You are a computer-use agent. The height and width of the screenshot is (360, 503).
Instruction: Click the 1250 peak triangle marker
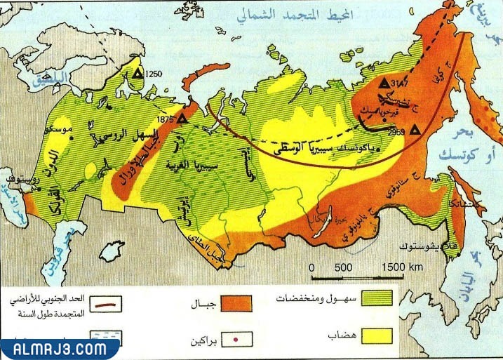click(138, 72)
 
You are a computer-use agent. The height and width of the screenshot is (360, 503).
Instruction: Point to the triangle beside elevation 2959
click(415, 129)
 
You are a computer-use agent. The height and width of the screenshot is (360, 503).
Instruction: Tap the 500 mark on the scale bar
click(343, 268)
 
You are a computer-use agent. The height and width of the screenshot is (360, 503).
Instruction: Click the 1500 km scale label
click(403, 268)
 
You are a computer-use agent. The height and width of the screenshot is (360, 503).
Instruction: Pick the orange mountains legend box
click(237, 303)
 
